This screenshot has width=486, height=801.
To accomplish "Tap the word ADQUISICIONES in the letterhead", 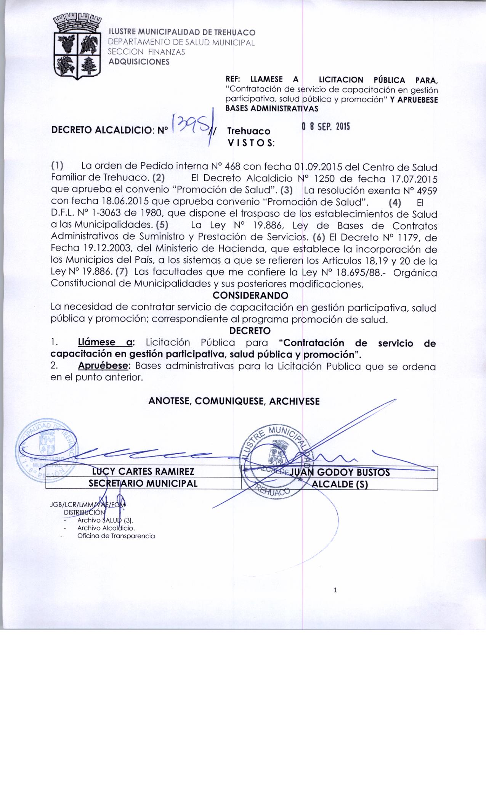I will click(x=139, y=62).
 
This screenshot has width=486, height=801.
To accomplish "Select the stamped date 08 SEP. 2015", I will click(x=325, y=127).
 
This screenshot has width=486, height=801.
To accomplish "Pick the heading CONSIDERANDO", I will click(x=250, y=296).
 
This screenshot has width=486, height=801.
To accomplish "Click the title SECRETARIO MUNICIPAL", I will click(x=143, y=484).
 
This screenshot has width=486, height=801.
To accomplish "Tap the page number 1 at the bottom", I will click(x=335, y=591).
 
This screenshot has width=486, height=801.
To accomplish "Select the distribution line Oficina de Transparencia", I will click(x=116, y=536).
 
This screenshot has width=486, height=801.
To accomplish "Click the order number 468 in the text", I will click(x=233, y=167).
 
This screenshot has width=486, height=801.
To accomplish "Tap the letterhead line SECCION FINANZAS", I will click(x=147, y=52).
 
